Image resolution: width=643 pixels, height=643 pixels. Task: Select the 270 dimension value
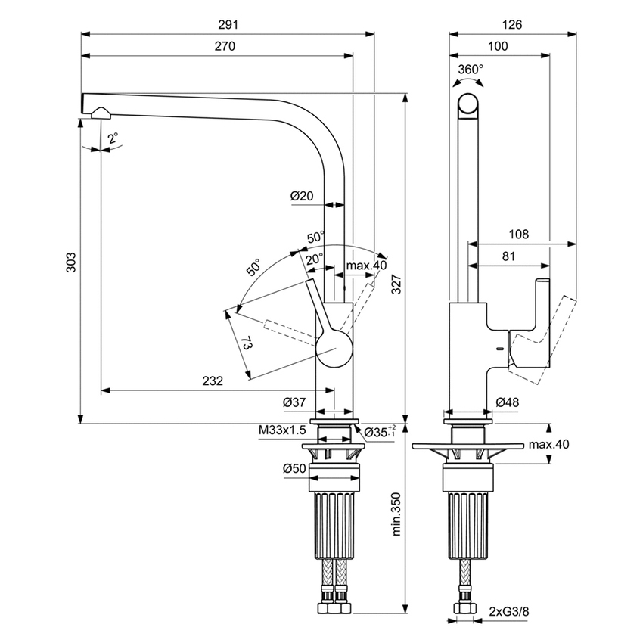tap(225, 47)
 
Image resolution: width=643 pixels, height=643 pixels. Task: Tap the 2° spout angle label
tap(113, 138)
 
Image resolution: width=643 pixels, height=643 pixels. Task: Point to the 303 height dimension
tap(71, 261)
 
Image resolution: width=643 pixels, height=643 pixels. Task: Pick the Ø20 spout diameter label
tap(301, 196)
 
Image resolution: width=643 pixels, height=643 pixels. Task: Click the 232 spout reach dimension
tap(213, 381)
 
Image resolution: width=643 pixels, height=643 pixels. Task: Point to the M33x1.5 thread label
tap(281, 430)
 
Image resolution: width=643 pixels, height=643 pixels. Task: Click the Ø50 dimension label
tap(294, 469)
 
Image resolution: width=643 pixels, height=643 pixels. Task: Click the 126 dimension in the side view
tap(512, 25)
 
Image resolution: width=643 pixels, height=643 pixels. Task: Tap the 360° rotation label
tap(471, 69)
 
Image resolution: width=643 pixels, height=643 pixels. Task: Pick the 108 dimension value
tap(518, 234)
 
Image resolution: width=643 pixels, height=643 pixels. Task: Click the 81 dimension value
tap(508, 256)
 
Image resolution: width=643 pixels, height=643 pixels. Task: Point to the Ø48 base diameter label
tap(507, 402)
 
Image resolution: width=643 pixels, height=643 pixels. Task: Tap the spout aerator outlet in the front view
tap(100, 113)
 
